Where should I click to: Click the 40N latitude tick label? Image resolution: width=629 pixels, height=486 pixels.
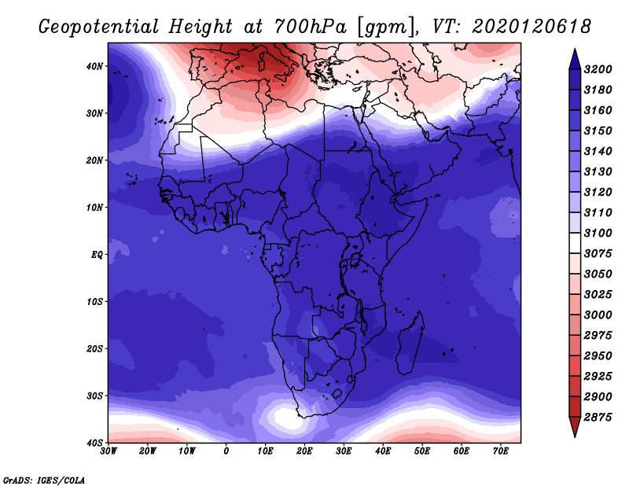tap(94, 66)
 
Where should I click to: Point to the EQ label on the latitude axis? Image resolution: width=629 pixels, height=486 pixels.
tap(97, 255)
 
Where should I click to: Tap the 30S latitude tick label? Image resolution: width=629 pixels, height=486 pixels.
tap(94, 396)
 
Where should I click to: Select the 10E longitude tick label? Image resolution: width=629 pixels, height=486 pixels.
tap(265, 451)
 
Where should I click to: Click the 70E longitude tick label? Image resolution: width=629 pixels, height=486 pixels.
tap(501, 451)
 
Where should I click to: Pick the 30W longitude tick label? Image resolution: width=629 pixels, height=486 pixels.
tap(109, 451)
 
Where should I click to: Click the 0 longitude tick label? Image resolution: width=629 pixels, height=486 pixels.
tap(226, 451)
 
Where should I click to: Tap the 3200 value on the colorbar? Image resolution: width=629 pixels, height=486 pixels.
tap(598, 69)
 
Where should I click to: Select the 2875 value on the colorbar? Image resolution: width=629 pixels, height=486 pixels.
tap(598, 418)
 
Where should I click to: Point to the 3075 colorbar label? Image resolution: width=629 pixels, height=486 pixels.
tap(598, 254)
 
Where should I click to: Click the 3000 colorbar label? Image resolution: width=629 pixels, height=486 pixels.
tap(598, 315)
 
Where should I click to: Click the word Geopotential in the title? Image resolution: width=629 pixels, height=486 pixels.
tap(99, 27)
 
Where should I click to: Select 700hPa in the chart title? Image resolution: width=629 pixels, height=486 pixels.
tap(310, 27)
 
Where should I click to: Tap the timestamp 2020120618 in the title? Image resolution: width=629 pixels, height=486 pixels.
tap(532, 27)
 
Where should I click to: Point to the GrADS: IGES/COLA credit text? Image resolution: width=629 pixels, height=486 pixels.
tap(44, 480)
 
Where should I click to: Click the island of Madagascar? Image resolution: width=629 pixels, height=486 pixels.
tap(410, 342)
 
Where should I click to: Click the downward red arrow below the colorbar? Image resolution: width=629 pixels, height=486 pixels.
tap(575, 427)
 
